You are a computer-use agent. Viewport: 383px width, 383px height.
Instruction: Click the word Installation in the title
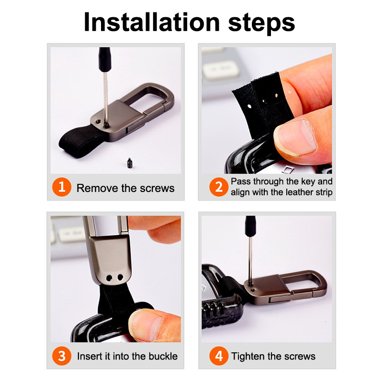pyautogui.click(x=152, y=22)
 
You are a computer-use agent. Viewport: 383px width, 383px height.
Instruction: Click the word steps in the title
pyautogui.click(x=261, y=23)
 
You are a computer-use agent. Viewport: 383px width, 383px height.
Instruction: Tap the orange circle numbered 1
pyautogui.click(x=62, y=187)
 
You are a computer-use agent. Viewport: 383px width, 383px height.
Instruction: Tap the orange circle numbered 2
pyautogui.click(x=219, y=187)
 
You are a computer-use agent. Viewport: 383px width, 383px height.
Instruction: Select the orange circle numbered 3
pyautogui.click(x=62, y=356)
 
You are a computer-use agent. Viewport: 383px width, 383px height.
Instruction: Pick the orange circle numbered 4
pyautogui.click(x=219, y=356)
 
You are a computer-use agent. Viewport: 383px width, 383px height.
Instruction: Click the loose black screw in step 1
pyautogui.click(x=130, y=163)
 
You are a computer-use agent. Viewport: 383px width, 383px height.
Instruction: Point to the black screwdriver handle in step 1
pyautogui.click(x=104, y=59)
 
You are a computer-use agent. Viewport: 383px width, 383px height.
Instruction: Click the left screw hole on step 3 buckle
pyautogui.click(x=109, y=278)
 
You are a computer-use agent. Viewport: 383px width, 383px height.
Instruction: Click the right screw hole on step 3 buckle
pyautogui.click(x=121, y=278)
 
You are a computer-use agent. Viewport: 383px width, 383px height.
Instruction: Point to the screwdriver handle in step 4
pyautogui.click(x=250, y=226)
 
